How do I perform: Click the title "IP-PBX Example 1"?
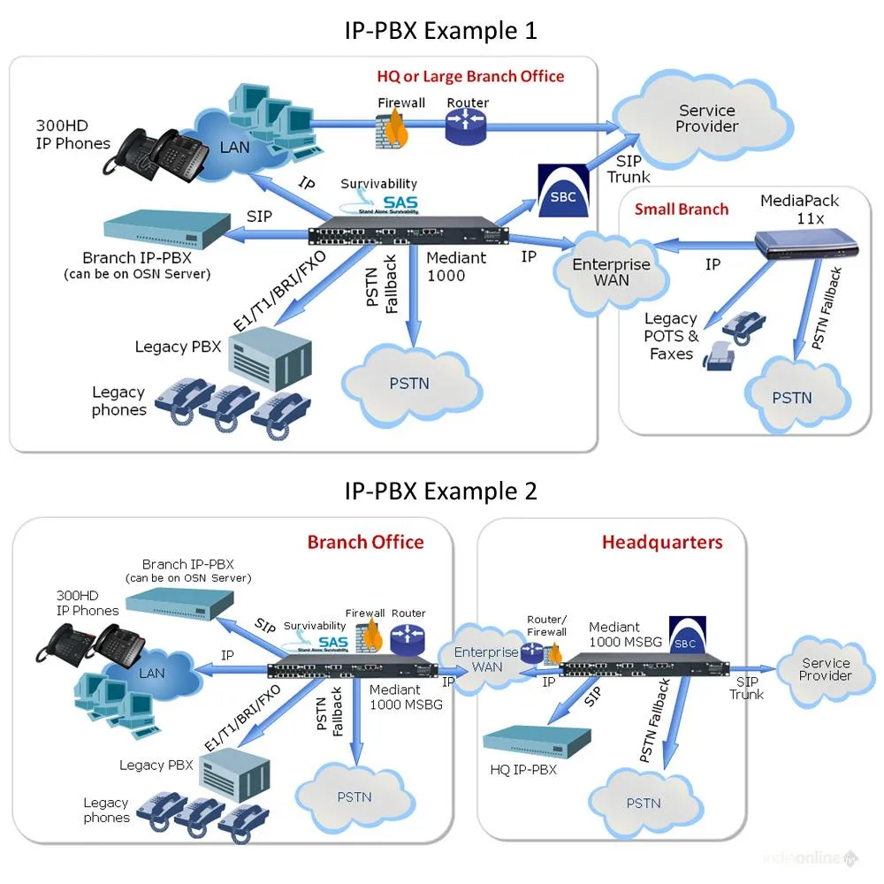pyautogui.click(x=440, y=31)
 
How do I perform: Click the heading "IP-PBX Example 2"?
pyautogui.click(x=440, y=491)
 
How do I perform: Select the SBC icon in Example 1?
pyautogui.click(x=562, y=188)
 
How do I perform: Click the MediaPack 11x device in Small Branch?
pyautogui.click(x=809, y=241)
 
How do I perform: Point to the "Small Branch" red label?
pyautogui.click(x=682, y=210)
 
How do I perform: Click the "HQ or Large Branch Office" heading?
pyautogui.click(x=470, y=76)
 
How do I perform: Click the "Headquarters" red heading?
pyautogui.click(x=662, y=542)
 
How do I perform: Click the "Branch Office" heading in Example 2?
pyautogui.click(x=365, y=542)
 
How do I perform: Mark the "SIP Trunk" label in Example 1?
pyautogui.click(x=629, y=168)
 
